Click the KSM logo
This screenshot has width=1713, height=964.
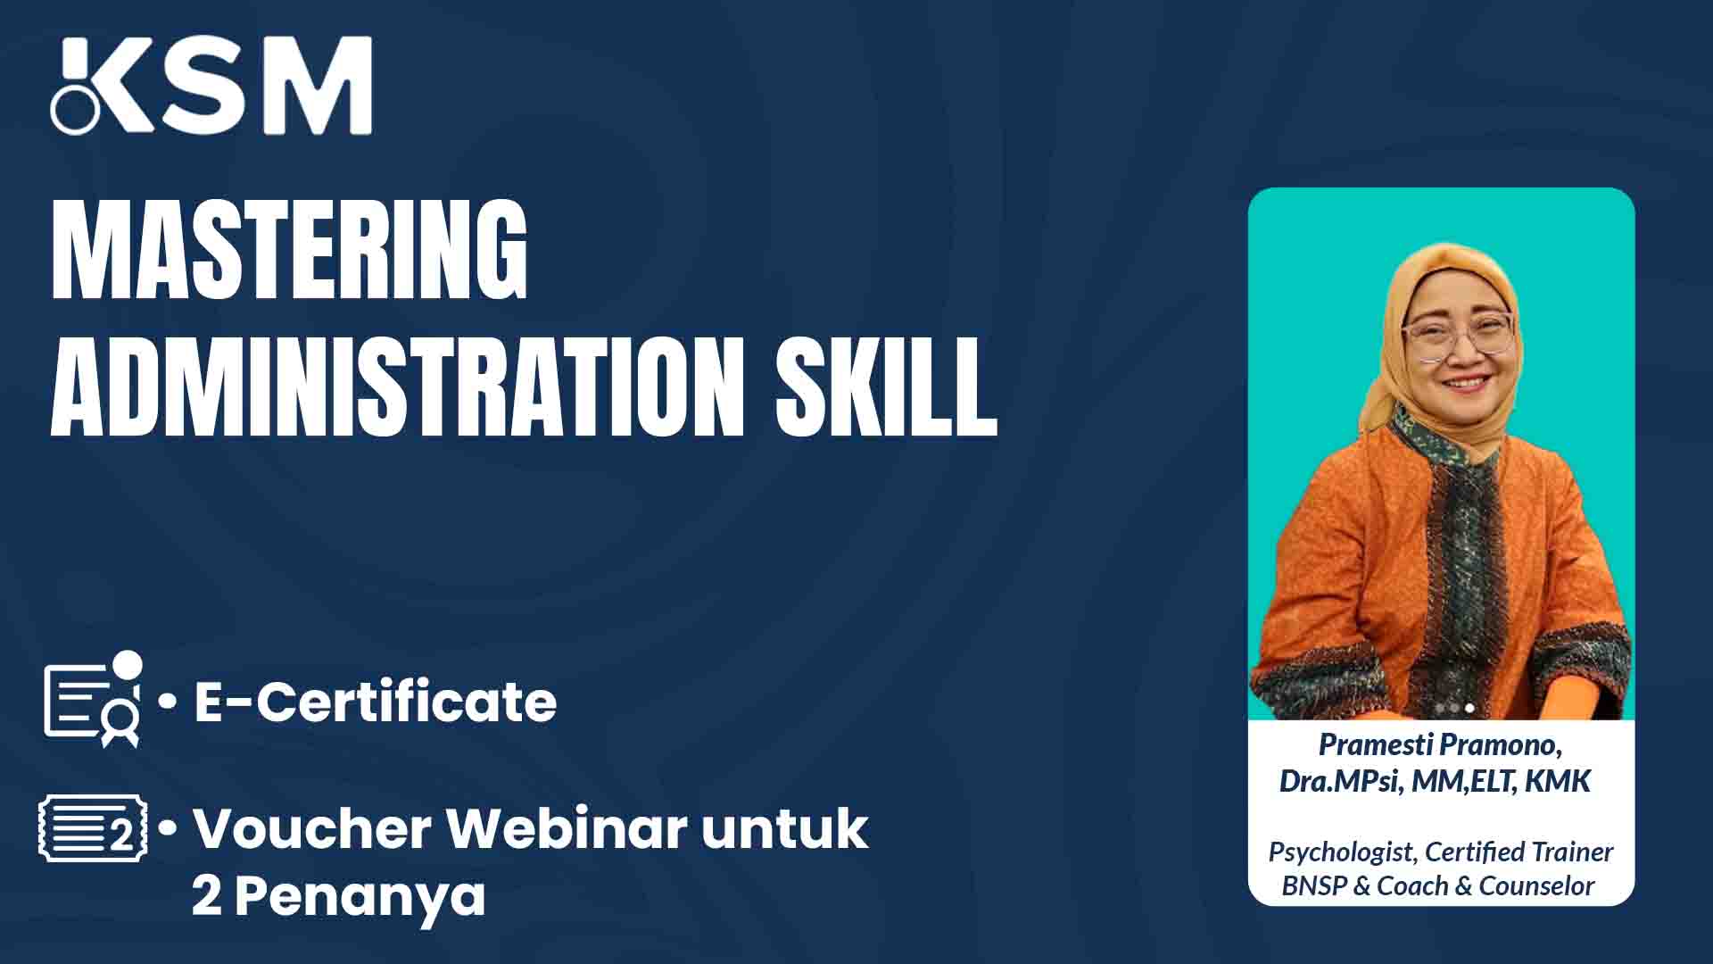211,86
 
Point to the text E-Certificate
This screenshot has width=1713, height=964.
376,702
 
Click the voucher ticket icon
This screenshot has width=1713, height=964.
93,829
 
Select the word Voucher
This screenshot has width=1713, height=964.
312,828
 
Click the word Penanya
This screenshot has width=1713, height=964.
360,896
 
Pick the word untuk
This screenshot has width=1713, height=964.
784,828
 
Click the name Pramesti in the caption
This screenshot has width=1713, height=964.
1376,744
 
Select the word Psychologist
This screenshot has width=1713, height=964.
1341,852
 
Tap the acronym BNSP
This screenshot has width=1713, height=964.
1313,886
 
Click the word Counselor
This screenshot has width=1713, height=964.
1536,886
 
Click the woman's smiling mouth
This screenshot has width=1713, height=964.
1468,384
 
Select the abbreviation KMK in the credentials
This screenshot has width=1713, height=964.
1557,781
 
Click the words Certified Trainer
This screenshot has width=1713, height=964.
1519,852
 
